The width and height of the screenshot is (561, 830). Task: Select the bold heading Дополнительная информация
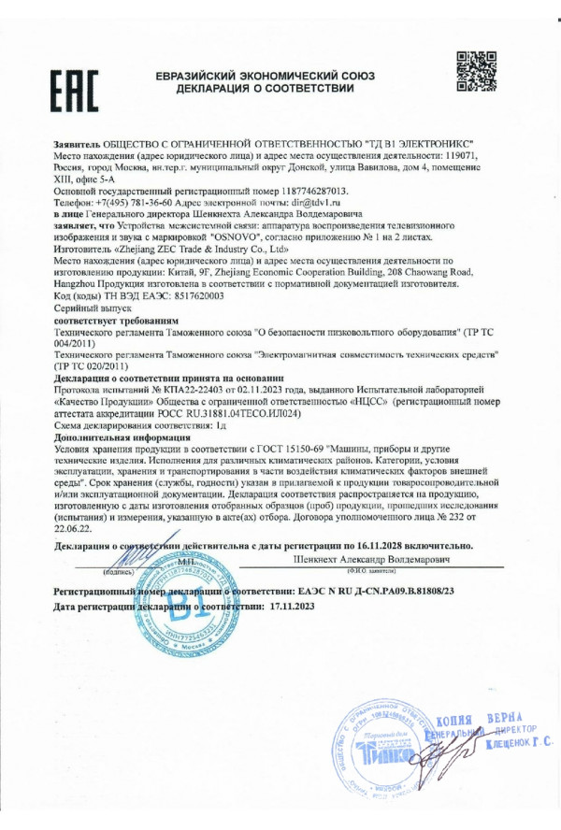tap(122, 436)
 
